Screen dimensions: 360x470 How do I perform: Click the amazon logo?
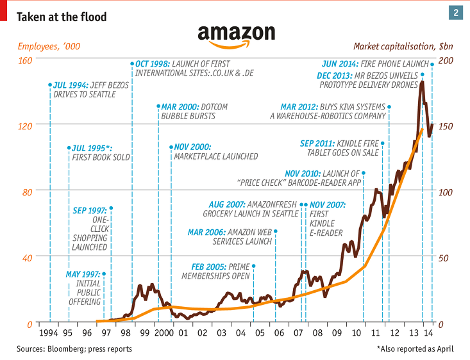pos(236,35)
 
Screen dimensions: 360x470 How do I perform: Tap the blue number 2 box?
pos(456,13)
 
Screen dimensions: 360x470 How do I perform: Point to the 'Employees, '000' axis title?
pos(49,47)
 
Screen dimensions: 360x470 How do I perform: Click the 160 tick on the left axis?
pos(24,59)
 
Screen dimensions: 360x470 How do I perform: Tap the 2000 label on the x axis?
pos(164,333)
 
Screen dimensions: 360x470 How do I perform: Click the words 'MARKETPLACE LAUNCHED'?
pos(216,156)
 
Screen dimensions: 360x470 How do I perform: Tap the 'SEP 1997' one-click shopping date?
pos(88,209)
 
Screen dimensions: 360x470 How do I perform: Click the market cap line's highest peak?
pos(422,82)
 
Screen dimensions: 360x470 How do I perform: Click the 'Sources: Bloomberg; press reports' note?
pos(74,349)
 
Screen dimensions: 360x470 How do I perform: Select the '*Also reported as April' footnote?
pos(415,349)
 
